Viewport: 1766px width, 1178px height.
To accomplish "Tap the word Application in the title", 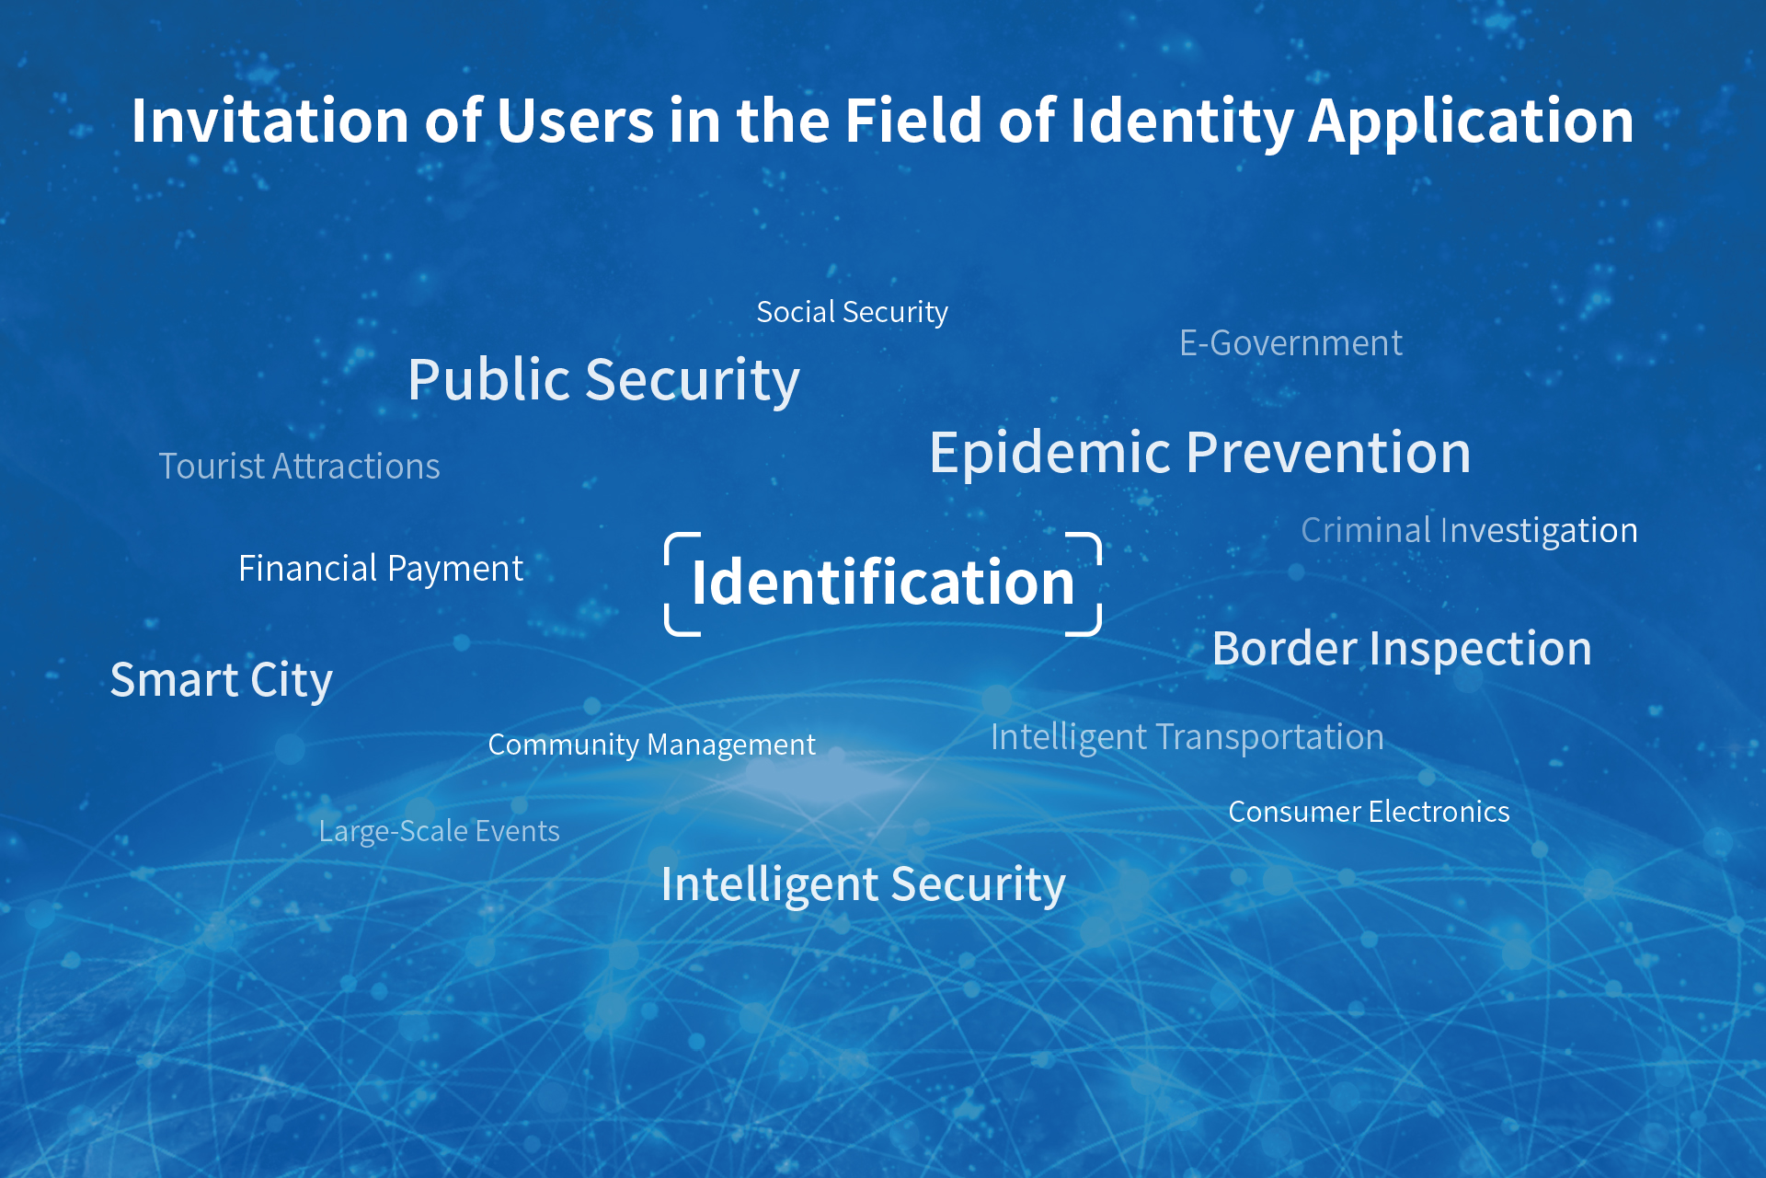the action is (1471, 122).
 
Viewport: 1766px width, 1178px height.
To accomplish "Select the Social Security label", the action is (852, 312).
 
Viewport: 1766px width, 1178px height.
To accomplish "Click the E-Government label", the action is (1290, 343).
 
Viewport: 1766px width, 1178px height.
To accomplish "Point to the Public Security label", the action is (603, 380).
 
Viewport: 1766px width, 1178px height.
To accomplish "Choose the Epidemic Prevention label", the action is (1199, 453).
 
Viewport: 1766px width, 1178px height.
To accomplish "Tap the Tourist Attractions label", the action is (299, 467).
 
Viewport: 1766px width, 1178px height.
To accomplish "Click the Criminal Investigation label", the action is (1469, 531).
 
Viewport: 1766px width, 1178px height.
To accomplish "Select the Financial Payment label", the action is (381, 569).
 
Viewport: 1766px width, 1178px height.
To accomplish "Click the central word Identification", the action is (883, 583).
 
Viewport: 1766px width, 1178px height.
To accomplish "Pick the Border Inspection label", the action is (1402, 649).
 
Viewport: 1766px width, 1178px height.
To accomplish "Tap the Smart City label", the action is (221, 681).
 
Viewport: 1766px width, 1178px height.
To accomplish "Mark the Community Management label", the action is (651, 745).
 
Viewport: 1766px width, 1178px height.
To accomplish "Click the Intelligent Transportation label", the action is (1187, 738).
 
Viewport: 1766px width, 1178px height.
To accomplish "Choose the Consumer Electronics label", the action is (1369, 812).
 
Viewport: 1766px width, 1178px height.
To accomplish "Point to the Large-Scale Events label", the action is (439, 832).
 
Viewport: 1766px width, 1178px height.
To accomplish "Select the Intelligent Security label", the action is (863, 885).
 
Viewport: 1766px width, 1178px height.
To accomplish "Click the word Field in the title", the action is (913, 121).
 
